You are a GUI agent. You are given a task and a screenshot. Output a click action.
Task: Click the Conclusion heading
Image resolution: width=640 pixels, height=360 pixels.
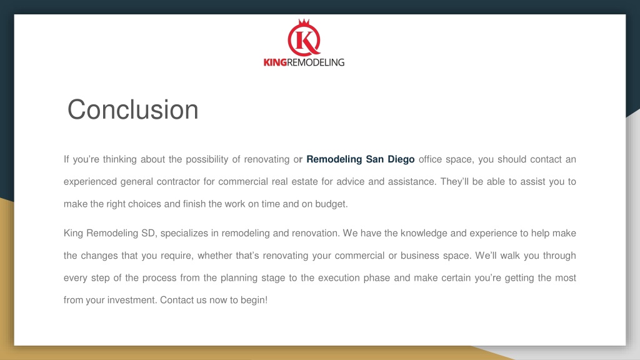point(132,109)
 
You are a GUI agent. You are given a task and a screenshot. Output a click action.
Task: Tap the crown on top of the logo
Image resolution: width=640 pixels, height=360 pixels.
point(304,22)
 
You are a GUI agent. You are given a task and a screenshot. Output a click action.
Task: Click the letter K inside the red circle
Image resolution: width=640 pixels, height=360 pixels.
point(304,41)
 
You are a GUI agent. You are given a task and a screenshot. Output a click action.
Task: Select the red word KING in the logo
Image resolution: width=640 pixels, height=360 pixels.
point(275,62)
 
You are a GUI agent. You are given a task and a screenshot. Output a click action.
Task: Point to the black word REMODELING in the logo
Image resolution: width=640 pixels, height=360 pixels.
point(316,62)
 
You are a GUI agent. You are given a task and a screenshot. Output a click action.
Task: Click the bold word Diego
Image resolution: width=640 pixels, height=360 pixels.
point(401,159)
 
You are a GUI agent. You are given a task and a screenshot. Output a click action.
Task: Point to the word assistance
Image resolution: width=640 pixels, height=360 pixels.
point(412,182)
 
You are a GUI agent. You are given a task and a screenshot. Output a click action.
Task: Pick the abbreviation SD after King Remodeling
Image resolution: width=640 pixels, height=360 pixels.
point(149,234)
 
